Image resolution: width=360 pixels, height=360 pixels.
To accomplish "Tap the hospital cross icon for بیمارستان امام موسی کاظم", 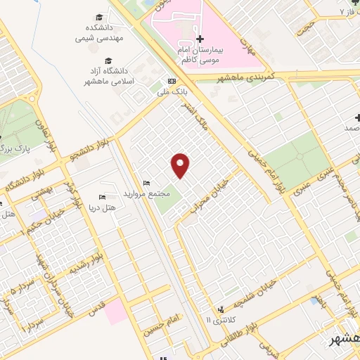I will click(x=200, y=39).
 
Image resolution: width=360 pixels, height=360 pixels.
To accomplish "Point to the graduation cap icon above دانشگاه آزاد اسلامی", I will click(x=109, y=60).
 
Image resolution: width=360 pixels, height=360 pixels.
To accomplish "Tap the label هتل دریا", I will click(x=99, y=209).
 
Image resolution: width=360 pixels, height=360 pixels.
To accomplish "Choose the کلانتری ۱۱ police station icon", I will click(x=221, y=309).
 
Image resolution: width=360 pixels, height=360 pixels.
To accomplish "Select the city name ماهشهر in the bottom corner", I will click(x=346, y=340).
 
